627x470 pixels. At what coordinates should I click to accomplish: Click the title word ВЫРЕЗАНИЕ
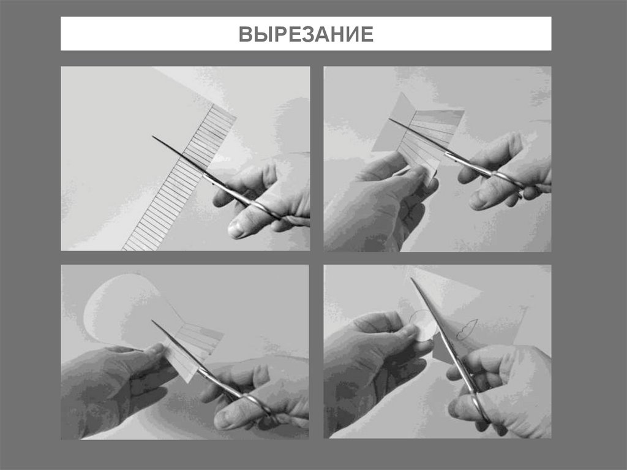pos(306,34)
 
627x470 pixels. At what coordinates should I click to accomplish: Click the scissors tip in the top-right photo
pos(391,119)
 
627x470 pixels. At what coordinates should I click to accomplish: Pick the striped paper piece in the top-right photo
pos(429,138)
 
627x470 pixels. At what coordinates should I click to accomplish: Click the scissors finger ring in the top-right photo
pos(508,181)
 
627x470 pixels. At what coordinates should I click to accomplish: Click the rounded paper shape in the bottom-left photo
pos(116,309)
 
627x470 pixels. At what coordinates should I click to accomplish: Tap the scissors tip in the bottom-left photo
pos(154,321)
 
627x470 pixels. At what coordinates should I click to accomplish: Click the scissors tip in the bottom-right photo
pos(412,279)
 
